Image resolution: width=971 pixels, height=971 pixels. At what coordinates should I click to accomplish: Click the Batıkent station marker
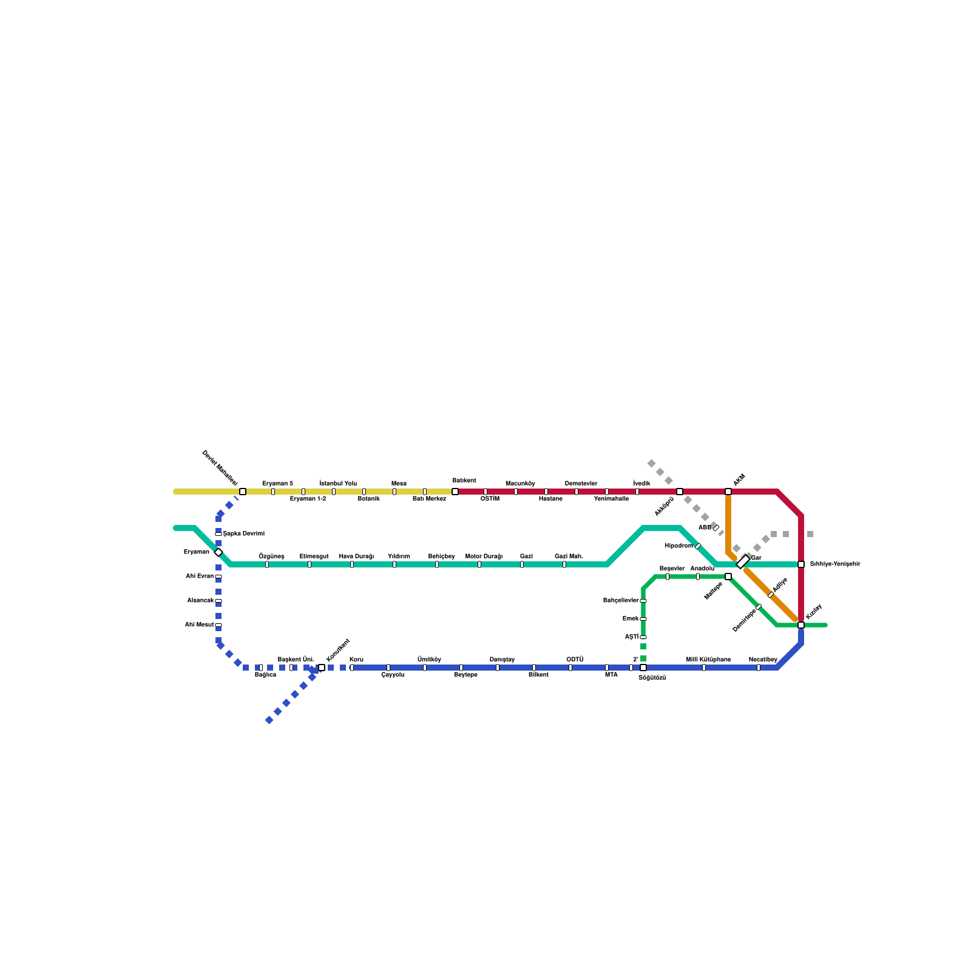tap(455, 492)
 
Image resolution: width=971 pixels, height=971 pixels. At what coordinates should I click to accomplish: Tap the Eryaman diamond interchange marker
tap(218, 552)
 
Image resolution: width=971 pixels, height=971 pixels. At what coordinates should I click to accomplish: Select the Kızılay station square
tap(801, 625)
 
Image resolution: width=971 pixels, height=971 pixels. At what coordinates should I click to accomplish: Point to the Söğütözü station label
tap(652, 678)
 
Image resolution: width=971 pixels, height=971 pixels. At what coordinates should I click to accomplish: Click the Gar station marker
tap(743, 562)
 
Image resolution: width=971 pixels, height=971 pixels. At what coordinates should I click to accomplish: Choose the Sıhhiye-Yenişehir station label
tap(835, 564)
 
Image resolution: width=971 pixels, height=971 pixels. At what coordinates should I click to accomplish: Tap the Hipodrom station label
tap(678, 546)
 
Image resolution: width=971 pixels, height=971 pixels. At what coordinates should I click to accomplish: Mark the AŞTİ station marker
tap(643, 637)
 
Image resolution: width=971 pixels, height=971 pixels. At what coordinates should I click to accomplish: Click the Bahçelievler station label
tap(621, 601)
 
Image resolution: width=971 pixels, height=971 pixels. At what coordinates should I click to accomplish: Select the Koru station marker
tap(352, 668)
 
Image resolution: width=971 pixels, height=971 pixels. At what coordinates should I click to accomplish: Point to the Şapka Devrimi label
tap(244, 534)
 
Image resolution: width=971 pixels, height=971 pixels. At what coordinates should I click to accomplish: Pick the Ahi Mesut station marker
tap(218, 625)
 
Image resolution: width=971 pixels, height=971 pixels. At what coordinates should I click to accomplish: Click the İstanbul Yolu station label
tap(338, 484)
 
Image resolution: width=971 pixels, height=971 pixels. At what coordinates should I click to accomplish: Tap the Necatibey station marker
tap(759, 668)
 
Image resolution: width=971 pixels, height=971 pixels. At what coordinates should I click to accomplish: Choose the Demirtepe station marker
tap(759, 607)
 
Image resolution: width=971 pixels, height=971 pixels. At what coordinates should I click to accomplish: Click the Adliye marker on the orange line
tap(771, 595)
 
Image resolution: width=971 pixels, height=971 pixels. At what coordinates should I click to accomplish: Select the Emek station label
tap(631, 619)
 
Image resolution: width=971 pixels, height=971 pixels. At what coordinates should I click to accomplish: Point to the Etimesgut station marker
tap(310, 564)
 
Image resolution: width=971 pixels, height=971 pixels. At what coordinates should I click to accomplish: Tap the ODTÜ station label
tap(575, 660)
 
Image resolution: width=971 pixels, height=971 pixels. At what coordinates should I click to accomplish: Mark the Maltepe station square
tap(728, 577)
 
